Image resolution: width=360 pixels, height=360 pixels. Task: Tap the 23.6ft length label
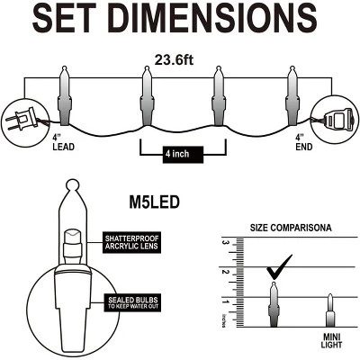pyautogui.click(x=174, y=60)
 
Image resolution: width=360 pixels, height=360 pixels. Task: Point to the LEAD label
pyautogui.click(x=63, y=147)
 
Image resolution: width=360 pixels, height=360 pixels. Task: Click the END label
pyautogui.click(x=304, y=147)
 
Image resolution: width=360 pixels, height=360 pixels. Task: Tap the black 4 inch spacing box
pyautogui.click(x=183, y=155)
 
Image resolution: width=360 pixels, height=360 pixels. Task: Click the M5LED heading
pyautogui.click(x=154, y=202)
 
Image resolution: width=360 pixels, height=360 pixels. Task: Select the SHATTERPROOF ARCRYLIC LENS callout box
pyautogui.click(x=131, y=242)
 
